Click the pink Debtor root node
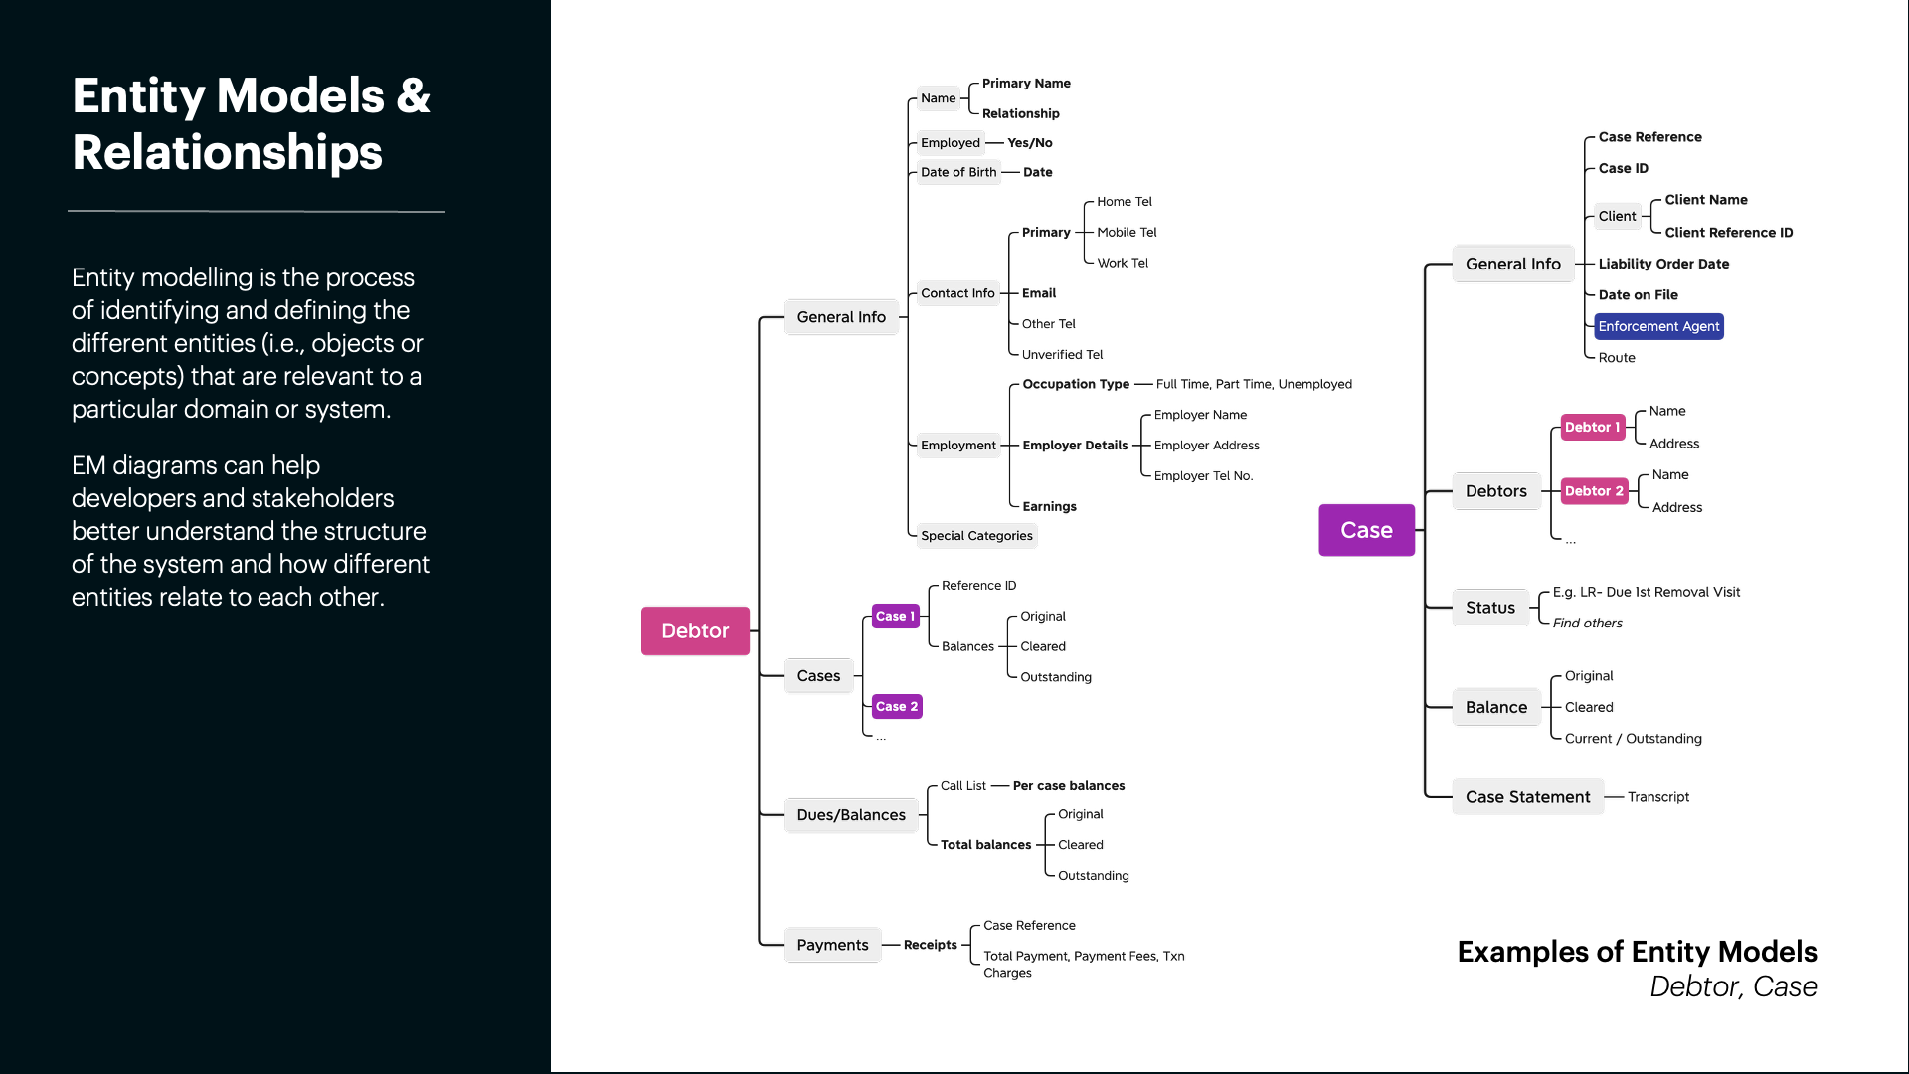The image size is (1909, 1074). point(695,630)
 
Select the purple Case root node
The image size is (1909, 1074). point(1366,530)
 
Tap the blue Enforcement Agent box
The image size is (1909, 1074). point(1658,326)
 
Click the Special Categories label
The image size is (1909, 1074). point(976,536)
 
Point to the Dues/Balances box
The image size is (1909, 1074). point(851,815)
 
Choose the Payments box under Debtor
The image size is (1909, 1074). point(832,945)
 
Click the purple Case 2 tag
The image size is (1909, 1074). point(896,707)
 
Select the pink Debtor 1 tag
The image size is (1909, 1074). point(1592,427)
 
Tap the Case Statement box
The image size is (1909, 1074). point(1527,797)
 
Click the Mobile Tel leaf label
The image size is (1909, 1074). point(1127,233)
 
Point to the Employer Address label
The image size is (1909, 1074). point(1206,446)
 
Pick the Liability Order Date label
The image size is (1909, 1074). point(1663,264)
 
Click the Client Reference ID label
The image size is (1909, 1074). point(1728,233)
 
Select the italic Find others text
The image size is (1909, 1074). point(1587,624)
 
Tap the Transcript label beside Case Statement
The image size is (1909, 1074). point(1657,797)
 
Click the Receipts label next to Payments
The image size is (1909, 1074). point(930,945)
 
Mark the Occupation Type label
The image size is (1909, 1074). point(1076,384)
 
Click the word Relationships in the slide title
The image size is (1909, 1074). point(227,153)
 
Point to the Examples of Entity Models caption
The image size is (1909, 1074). point(1637,952)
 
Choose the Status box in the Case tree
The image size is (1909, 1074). point(1489,608)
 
